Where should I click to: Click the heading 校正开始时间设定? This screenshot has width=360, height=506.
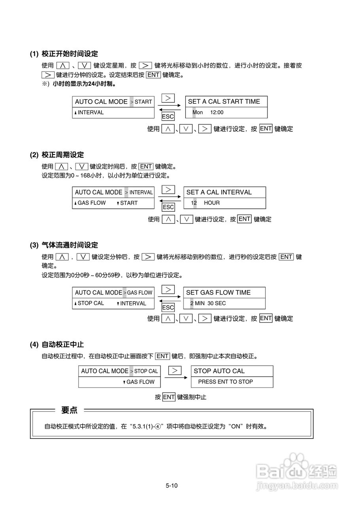click(x=70, y=54)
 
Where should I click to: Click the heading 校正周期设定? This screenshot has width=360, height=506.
click(x=62, y=155)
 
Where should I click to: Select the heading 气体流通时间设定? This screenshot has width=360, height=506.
click(x=70, y=245)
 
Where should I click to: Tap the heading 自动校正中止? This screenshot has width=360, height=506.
click(x=62, y=345)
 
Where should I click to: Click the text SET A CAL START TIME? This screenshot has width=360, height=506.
click(x=224, y=102)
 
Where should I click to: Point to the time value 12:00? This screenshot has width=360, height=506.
click(x=217, y=112)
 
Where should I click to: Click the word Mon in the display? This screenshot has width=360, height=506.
click(x=198, y=112)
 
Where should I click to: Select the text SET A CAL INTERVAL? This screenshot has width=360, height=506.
click(x=219, y=193)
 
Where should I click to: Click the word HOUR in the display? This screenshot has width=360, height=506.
click(x=211, y=203)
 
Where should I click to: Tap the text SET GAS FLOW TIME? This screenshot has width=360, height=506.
click(x=218, y=293)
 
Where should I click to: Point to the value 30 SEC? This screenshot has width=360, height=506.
click(x=217, y=303)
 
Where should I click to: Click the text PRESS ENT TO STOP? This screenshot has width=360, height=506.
click(x=225, y=382)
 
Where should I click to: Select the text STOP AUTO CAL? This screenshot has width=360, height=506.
click(x=219, y=371)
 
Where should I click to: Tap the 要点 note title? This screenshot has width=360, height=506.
click(x=69, y=410)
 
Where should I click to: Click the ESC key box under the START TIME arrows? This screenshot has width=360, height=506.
click(x=168, y=117)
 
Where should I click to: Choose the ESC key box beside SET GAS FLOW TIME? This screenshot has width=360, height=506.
click(x=168, y=308)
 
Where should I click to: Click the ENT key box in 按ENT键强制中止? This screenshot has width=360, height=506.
click(x=169, y=397)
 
